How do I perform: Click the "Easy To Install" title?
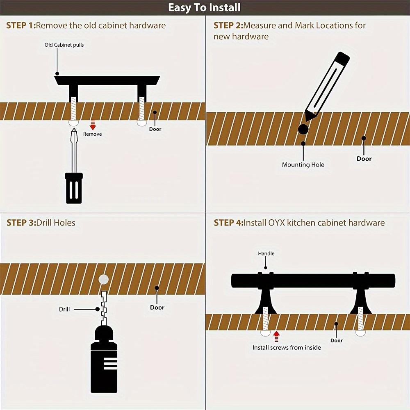[204, 7]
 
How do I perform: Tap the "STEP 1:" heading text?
[21, 25]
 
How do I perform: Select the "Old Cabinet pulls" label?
[64, 45]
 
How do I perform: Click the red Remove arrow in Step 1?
[93, 125]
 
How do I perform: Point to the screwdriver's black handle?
[74, 188]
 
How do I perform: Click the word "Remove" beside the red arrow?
[92, 134]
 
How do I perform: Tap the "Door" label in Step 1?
[155, 129]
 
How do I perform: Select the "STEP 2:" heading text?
[228, 25]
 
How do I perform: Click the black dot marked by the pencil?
[303, 129]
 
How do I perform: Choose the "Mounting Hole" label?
[303, 165]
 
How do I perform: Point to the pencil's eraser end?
[343, 57]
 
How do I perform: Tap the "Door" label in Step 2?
[364, 158]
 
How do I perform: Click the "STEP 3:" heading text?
[21, 223]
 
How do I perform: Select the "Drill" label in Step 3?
[64, 309]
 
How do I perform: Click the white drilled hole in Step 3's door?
[104, 280]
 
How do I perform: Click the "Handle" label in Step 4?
[266, 253]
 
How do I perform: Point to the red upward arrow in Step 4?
[276, 337]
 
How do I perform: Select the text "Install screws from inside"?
[287, 348]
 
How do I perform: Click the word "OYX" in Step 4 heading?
[277, 223]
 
